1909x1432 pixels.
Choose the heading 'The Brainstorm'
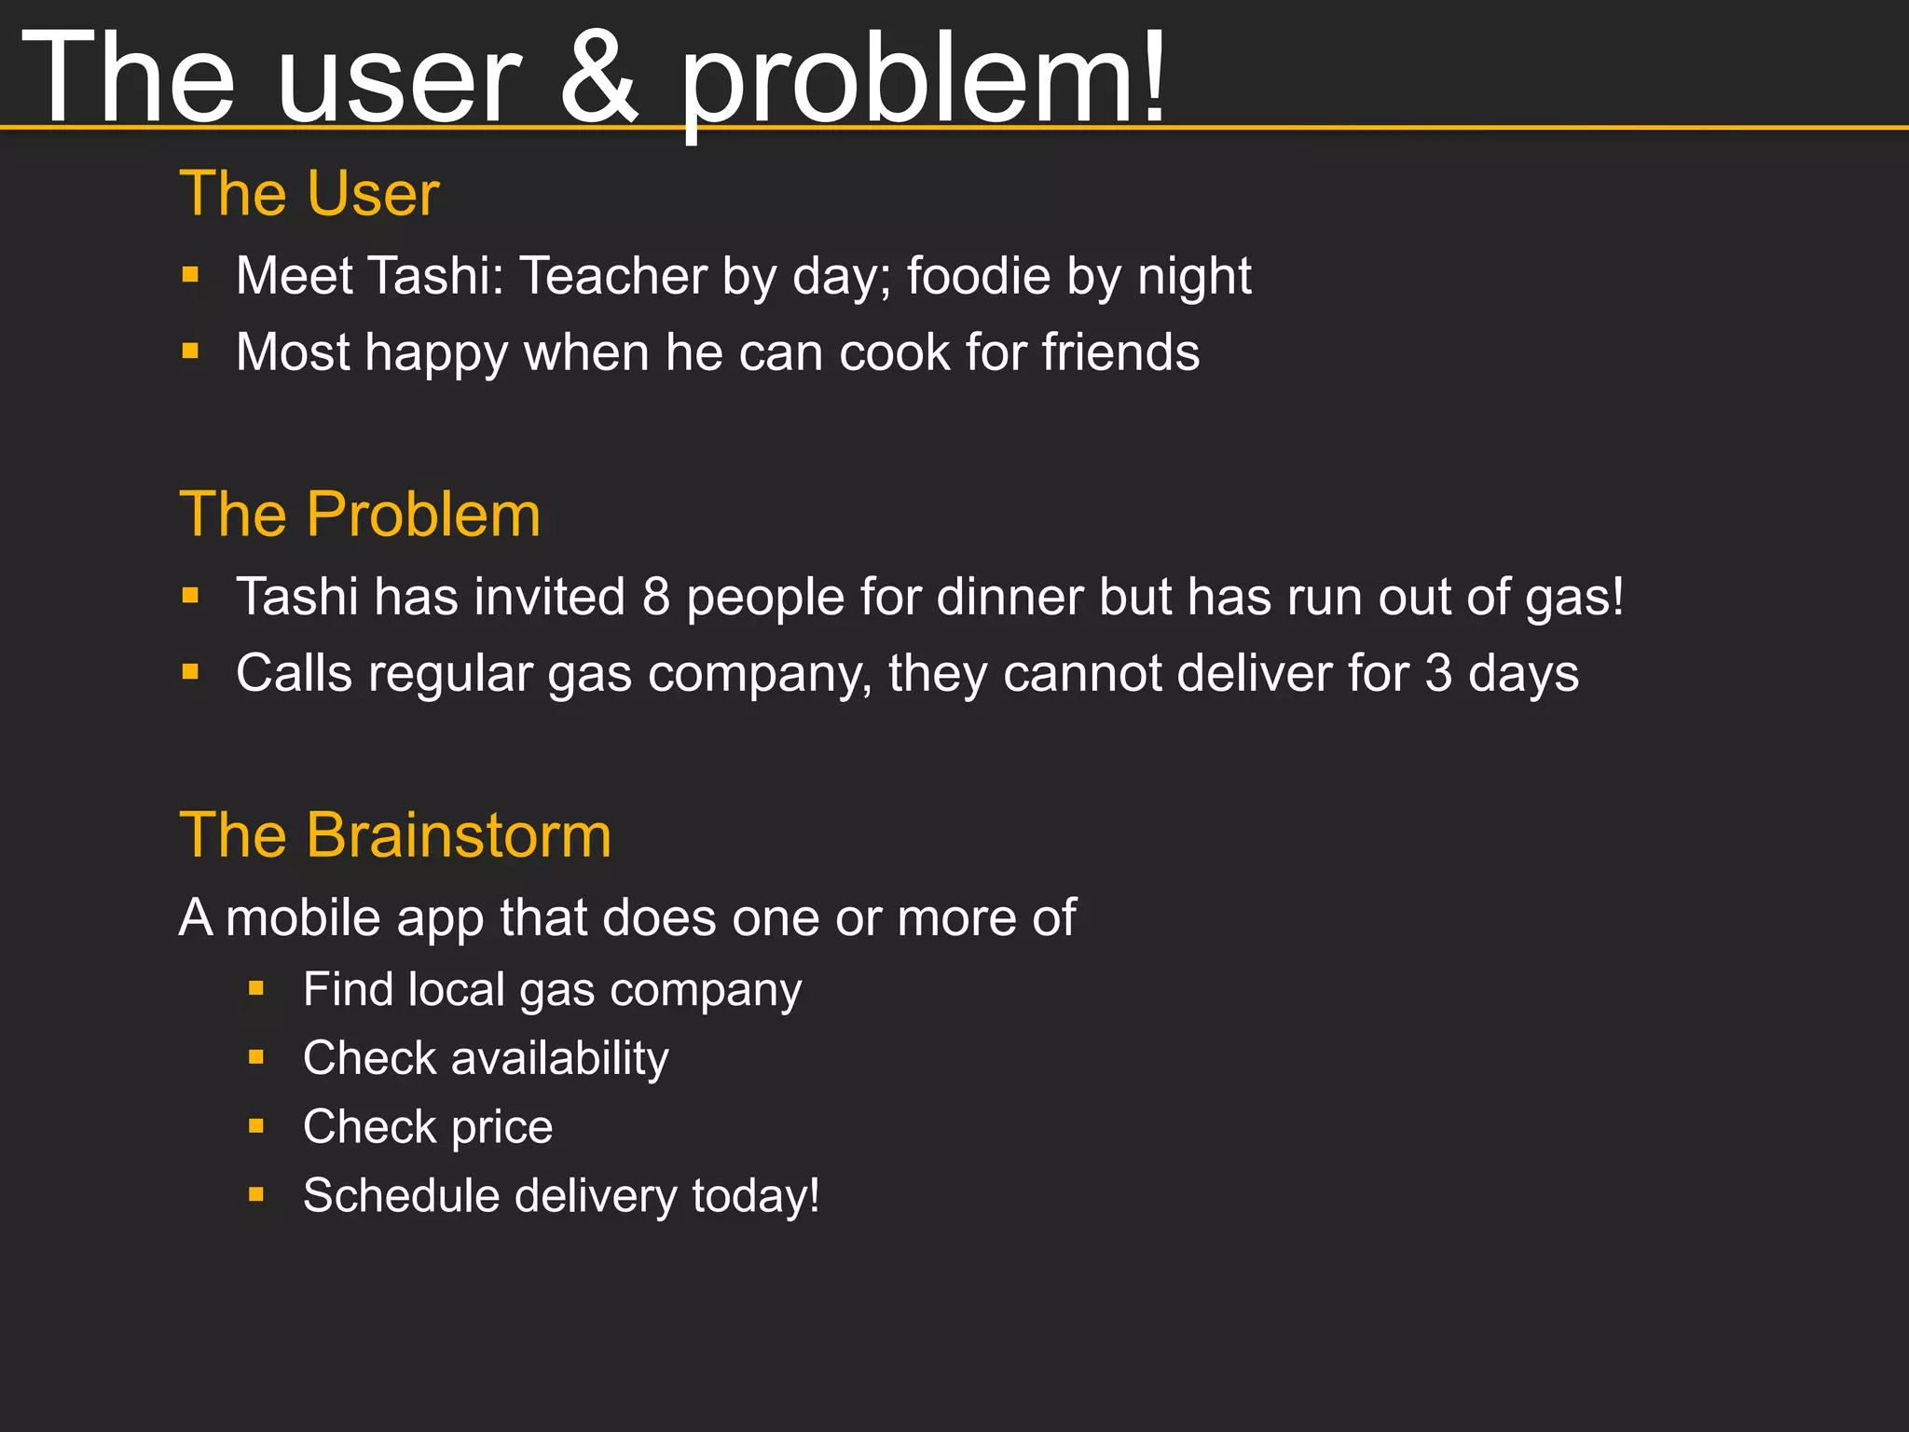tap(395, 834)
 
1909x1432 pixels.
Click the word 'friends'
tap(1120, 352)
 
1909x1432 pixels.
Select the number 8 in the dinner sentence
tap(656, 597)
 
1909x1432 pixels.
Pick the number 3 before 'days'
tap(1438, 673)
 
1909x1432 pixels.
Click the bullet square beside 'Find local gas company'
tap(256, 988)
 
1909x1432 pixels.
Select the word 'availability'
tap(559, 1058)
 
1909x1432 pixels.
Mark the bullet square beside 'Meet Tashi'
tap(191, 275)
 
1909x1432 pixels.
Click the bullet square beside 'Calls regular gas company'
tap(191, 672)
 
